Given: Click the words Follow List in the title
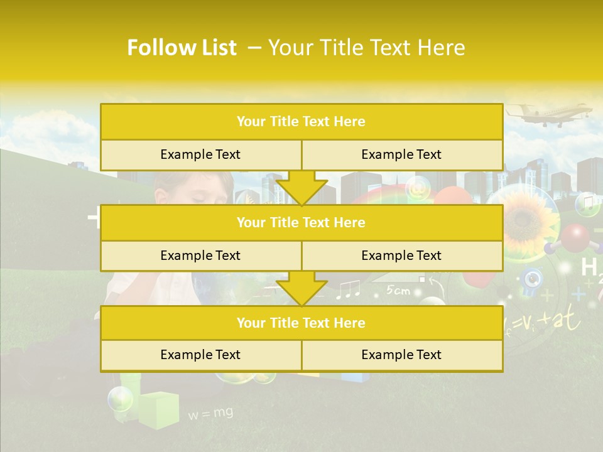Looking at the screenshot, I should tap(182, 48).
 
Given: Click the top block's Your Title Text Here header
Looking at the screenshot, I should tap(301, 122).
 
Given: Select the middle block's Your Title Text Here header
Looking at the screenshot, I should tap(301, 222).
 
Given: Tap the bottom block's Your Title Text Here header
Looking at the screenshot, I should tap(301, 323).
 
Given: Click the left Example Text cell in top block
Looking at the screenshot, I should tap(200, 154).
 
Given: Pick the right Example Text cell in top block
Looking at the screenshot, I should tap(401, 154).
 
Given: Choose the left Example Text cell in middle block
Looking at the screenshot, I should tap(200, 256).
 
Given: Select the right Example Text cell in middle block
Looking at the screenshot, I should tap(401, 256).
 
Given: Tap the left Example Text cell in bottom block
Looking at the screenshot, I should tap(200, 355).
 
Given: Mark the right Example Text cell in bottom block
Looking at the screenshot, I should tap(401, 355).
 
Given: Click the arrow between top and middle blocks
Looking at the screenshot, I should tap(301, 188).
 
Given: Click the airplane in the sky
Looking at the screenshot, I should tap(550, 115).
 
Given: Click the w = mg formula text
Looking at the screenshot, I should tap(210, 413).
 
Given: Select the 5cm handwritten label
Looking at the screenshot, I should tap(398, 290).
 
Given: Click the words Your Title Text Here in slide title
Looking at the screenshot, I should tap(366, 48).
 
